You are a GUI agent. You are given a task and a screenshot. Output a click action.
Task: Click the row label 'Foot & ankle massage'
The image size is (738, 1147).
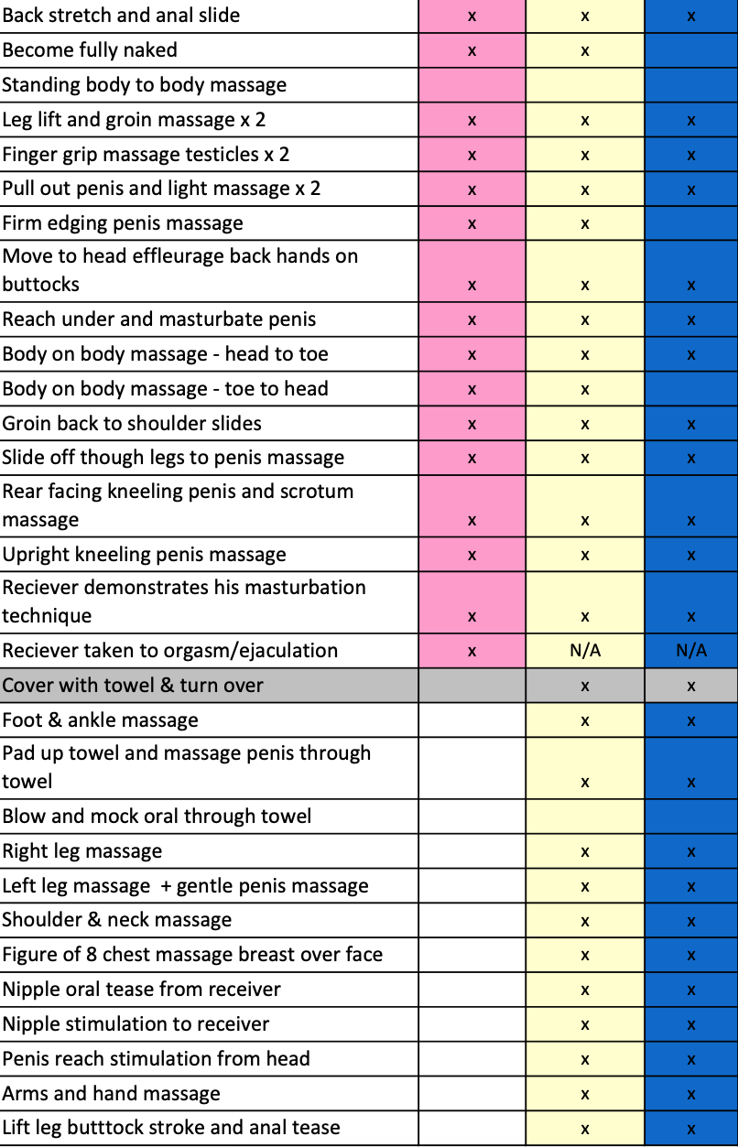(100, 720)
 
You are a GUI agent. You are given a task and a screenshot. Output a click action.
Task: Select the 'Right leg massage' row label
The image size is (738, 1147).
(81, 850)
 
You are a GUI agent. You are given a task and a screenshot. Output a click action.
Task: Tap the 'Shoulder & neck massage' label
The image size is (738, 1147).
(117, 920)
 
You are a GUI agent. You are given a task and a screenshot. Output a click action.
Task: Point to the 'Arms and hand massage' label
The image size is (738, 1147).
(111, 1094)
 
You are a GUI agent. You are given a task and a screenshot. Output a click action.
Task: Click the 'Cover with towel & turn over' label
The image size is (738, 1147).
(133, 685)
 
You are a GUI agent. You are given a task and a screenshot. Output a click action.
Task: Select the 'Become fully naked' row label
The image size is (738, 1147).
(90, 50)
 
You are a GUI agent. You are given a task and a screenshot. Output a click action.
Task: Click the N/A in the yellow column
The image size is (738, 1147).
(585, 650)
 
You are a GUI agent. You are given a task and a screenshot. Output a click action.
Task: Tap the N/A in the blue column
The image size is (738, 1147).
(691, 650)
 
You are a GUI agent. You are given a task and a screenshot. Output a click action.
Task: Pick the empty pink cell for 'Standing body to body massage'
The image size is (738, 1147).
(472, 85)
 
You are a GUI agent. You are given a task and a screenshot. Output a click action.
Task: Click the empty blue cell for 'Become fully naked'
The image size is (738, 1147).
(691, 50)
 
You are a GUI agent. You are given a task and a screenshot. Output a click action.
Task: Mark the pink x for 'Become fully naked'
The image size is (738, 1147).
(472, 51)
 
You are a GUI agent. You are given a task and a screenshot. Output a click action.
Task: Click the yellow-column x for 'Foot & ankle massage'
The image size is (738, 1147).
(585, 721)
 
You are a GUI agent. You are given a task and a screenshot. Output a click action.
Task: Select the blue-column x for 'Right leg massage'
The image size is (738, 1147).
(691, 851)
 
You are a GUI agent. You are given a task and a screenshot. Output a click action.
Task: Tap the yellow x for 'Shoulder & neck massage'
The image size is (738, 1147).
(585, 921)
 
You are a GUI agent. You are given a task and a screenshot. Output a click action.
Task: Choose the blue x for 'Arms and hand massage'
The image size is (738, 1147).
(691, 1095)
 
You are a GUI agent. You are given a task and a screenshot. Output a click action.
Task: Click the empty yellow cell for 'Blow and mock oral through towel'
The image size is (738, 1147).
(585, 817)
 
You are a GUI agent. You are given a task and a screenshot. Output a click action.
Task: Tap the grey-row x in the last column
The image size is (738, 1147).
(691, 687)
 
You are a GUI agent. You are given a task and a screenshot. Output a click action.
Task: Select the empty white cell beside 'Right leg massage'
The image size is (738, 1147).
(472, 851)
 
